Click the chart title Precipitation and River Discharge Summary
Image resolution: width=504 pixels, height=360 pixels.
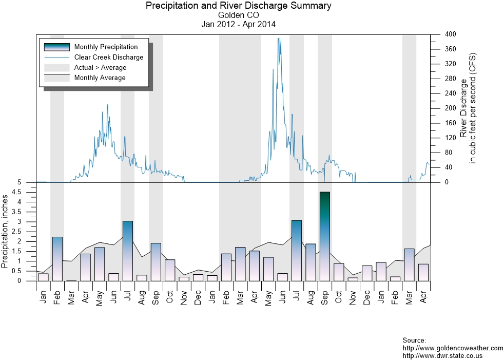238,6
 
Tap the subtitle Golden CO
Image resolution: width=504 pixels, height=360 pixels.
238,15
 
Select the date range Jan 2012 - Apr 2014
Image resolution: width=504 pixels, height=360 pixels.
238,24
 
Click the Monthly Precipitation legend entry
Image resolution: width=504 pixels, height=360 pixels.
106,47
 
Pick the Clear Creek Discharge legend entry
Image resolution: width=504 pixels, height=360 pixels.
109,58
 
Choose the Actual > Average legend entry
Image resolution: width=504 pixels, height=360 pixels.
100,68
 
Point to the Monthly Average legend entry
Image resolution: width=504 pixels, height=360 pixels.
100,78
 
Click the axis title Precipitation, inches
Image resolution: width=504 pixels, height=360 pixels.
6,231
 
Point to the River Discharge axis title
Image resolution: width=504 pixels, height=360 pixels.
468,108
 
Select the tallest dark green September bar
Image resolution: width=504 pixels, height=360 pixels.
324,236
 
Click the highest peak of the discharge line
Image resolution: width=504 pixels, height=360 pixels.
279,38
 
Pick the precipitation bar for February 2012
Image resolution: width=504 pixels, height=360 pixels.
57,259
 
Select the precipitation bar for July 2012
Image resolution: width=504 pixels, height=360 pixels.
128,251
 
